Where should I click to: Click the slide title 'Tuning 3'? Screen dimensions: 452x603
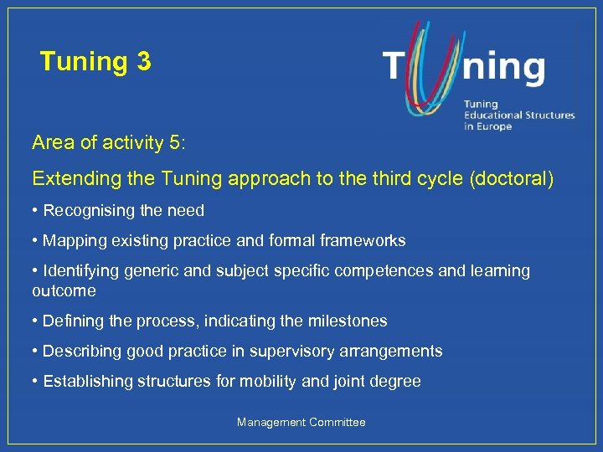pos(95,61)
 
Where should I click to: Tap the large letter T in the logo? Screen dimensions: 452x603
pos(398,67)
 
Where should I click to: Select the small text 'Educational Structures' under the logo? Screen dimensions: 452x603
pos(519,115)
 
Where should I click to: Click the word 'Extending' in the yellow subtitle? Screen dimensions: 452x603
pos(70,179)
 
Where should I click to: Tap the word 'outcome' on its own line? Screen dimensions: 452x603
pos(64,290)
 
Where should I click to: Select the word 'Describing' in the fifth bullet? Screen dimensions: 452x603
pos(81,351)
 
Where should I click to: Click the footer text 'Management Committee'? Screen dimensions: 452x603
pos(301,423)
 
